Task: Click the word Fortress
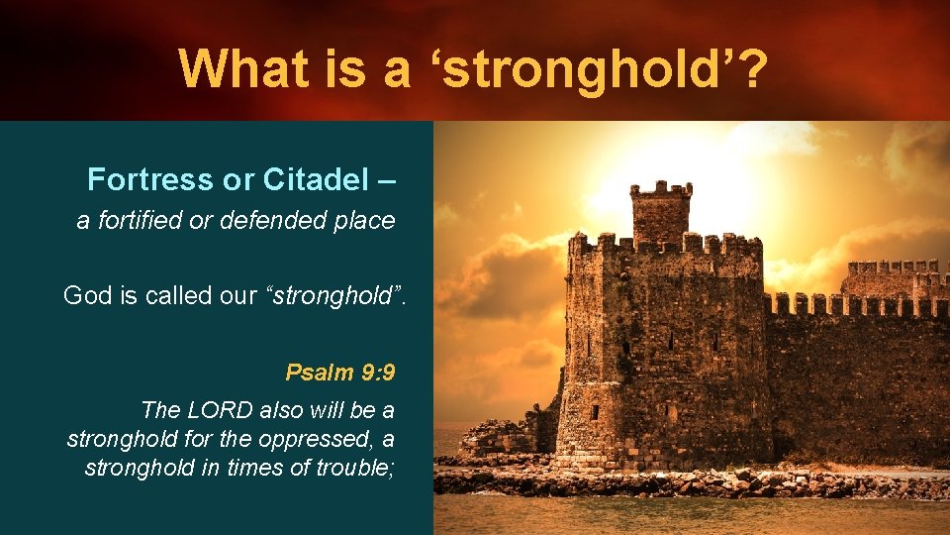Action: tap(149, 179)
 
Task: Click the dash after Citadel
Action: tap(386, 180)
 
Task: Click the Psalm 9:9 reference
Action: tap(339, 373)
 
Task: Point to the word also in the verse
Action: tap(286, 409)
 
